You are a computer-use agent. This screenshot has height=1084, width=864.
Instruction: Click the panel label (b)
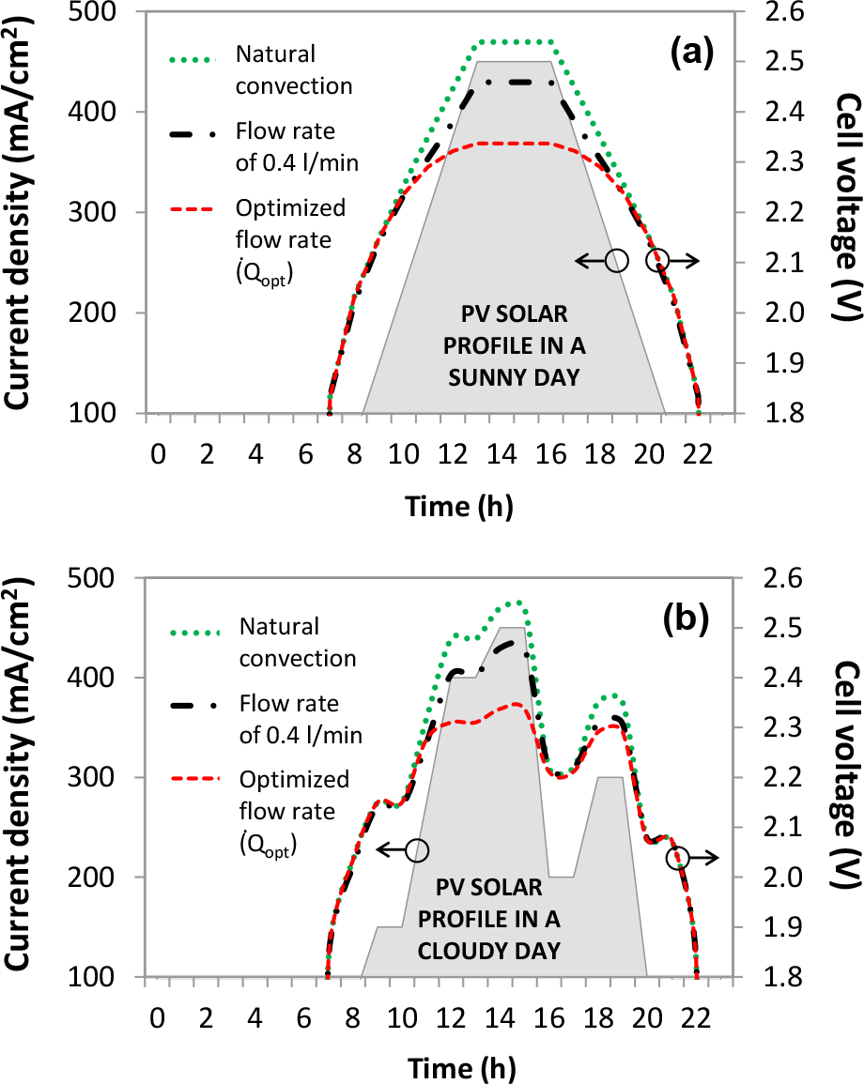(691, 618)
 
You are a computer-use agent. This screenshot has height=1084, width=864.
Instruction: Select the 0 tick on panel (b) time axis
(157, 1019)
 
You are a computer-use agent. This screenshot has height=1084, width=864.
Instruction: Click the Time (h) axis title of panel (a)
(459, 507)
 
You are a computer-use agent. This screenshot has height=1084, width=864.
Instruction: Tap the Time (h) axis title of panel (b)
(459, 1068)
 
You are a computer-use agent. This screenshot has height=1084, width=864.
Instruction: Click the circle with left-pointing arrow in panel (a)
(616, 261)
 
